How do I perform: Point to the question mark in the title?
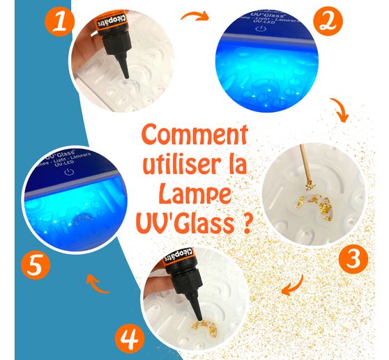click(247, 224)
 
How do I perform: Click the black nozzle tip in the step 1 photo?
click(125, 71)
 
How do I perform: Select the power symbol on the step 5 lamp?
click(68, 169)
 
